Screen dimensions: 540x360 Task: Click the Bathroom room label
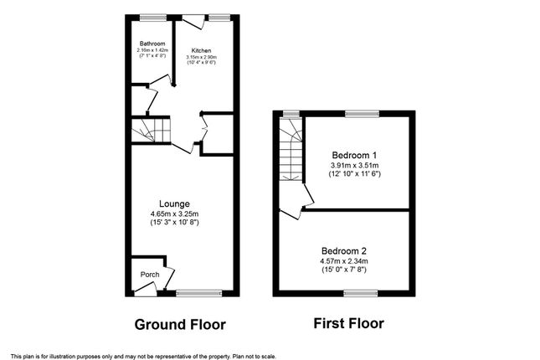tap(152, 44)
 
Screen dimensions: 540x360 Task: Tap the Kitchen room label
tap(202, 50)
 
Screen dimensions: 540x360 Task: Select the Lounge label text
tap(174, 204)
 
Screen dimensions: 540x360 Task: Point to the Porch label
tap(150, 275)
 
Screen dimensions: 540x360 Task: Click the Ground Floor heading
tap(180, 325)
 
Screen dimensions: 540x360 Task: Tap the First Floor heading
tap(348, 323)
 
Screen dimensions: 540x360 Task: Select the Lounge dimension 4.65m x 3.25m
tap(174, 214)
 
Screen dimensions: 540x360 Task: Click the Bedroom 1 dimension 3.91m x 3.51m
tap(354, 166)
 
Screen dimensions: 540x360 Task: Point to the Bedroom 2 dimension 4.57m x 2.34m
tap(344, 261)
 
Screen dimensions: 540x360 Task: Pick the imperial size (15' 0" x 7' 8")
tap(344, 270)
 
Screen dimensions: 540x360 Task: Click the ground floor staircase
tap(151, 130)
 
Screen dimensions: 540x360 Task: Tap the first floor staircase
tap(291, 149)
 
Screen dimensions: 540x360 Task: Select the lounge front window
tap(199, 293)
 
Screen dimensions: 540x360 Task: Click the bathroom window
tap(153, 18)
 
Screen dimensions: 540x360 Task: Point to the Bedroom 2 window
tap(361, 293)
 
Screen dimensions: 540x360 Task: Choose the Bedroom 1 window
tap(363, 114)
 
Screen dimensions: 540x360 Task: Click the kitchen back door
tap(193, 22)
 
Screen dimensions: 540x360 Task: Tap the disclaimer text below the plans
tap(143, 356)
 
